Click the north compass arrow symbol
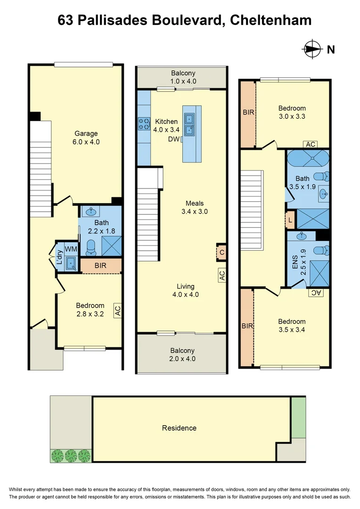coord(311,49)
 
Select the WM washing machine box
coord(71,248)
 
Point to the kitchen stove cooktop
coord(144,124)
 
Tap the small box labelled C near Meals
coord(221,253)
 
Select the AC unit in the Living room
coord(222,275)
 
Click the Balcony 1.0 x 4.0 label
coord(183,77)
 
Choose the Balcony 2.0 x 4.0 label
coord(182,354)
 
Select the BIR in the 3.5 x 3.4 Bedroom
coord(247,326)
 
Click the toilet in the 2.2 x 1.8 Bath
coord(90,247)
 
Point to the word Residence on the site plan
coord(179,428)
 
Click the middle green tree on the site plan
coord(71,455)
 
